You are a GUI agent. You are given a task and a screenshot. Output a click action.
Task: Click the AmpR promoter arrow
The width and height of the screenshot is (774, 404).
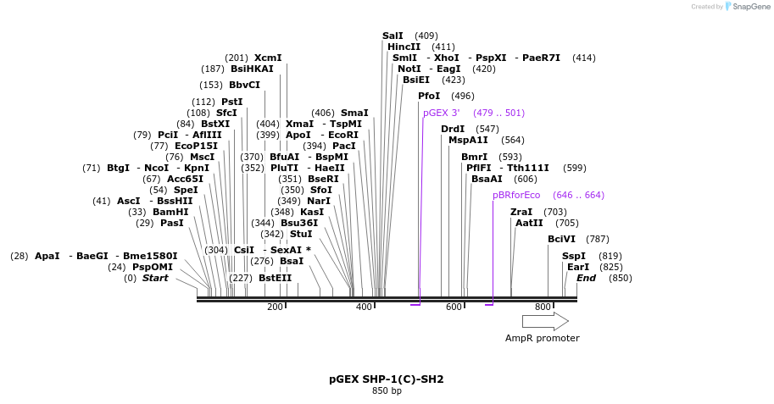coord(545,321)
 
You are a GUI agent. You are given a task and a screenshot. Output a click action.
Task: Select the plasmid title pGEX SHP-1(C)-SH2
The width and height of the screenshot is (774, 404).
coord(387,379)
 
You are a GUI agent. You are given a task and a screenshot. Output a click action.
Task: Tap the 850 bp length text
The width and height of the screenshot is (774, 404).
coord(387,391)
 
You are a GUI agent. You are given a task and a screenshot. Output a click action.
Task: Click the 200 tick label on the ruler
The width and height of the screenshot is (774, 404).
coord(275,307)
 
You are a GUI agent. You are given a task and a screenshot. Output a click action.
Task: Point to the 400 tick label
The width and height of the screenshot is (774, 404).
coord(364,307)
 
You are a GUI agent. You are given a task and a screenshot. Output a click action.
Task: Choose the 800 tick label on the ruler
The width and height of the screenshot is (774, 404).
coord(543,307)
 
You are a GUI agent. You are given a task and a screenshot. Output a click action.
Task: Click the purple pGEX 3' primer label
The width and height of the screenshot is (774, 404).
coord(442,113)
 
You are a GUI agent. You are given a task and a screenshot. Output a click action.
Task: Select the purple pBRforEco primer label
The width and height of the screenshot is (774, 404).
coord(516,195)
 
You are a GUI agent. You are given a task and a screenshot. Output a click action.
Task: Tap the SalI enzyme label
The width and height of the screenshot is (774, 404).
coord(393,36)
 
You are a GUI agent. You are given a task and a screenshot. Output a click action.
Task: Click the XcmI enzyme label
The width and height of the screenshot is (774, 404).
coord(268,58)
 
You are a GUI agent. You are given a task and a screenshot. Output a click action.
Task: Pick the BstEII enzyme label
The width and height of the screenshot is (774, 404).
coord(275,277)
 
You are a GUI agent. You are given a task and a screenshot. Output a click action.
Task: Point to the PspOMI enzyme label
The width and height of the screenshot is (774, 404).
coord(153,267)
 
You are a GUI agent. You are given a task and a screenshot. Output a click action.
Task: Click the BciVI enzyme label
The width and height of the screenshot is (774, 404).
coord(561,239)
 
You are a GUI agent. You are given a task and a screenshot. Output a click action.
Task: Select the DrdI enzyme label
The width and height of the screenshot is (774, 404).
coord(453,129)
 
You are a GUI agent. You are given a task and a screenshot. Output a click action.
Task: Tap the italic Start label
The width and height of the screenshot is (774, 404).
coord(155,278)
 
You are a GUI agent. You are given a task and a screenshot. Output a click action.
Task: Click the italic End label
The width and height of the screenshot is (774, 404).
coord(586,278)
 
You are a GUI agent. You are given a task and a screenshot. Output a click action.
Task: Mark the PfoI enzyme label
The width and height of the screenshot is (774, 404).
coord(429,96)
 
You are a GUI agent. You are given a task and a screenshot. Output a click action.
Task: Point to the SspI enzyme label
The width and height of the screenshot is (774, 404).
coord(574,256)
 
